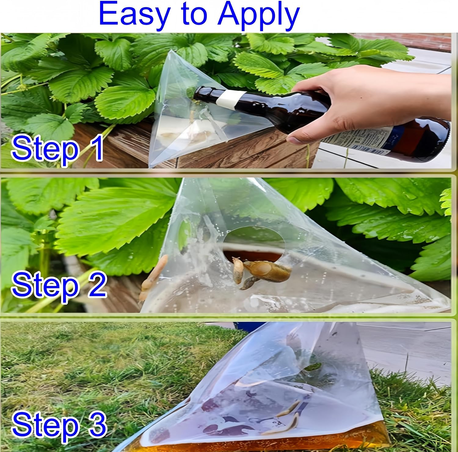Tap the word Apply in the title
pyautogui.click(x=258, y=16)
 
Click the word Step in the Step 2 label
pyautogui.click(x=45, y=284)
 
